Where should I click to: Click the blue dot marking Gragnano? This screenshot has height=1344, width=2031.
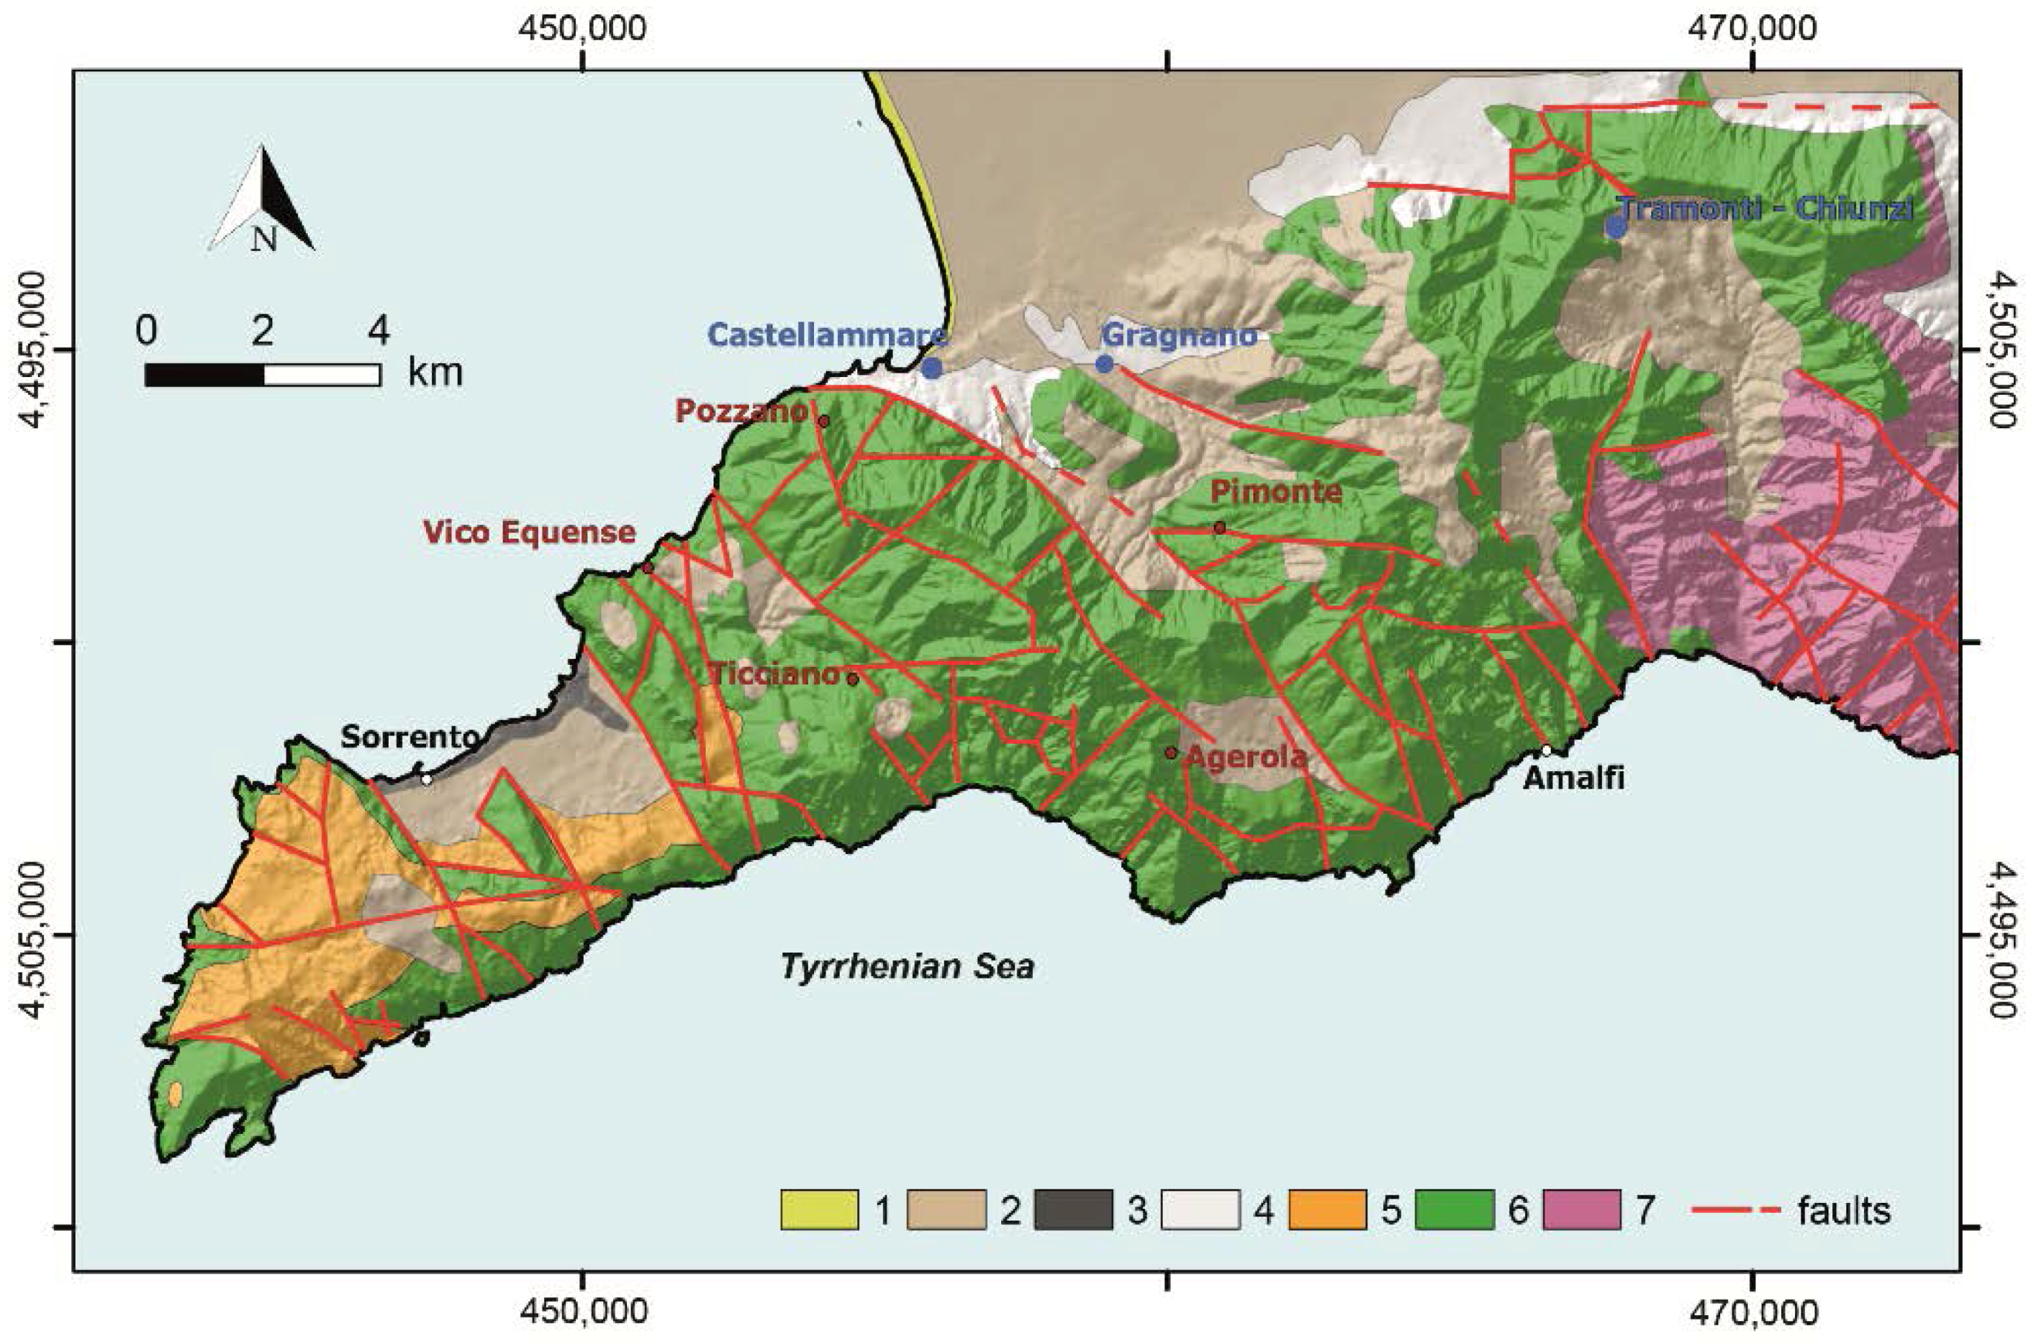click(x=1105, y=364)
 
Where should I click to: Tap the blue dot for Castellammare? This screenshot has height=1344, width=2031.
click(x=933, y=368)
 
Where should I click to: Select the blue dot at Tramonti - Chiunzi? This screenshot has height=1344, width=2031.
click(x=1616, y=227)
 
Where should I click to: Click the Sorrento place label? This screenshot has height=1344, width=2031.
click(x=410, y=736)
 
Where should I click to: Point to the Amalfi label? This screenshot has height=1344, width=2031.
click(x=1574, y=778)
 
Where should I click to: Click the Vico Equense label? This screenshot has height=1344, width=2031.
click(x=529, y=532)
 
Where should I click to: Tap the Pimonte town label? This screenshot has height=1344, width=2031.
click(x=1276, y=492)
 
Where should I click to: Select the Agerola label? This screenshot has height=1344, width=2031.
click(x=1247, y=756)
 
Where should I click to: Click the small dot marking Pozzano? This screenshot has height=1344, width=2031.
click(x=824, y=422)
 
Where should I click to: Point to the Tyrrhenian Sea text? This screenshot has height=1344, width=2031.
click(x=907, y=967)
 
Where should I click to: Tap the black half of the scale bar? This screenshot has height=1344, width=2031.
click(x=204, y=376)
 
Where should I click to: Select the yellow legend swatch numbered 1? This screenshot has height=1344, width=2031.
click(x=819, y=1210)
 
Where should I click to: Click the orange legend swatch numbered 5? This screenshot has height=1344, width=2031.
click(x=1327, y=1210)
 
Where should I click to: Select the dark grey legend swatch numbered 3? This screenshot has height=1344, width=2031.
click(x=1073, y=1210)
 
